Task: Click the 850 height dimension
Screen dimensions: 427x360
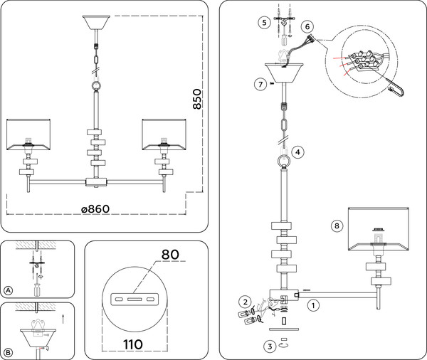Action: coord(197,99)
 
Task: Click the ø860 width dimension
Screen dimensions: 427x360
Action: coord(95,209)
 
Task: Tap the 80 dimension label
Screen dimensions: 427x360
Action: coord(170,254)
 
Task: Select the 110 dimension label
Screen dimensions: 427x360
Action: coord(133,344)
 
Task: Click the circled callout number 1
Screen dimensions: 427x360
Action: coord(313,305)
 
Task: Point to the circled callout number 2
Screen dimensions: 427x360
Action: coord(246,302)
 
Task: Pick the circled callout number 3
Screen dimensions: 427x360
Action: coord(270,346)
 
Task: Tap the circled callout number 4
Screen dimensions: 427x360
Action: coord(297,152)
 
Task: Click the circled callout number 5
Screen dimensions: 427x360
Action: coord(265,22)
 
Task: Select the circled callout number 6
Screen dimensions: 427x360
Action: coord(307,26)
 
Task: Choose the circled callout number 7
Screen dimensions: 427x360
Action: coord(260,84)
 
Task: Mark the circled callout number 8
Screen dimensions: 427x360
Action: coord(337,226)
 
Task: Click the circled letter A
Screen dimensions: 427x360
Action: coord(9,290)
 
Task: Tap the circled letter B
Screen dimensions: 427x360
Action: coord(9,353)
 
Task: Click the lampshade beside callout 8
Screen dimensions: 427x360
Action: coord(379,229)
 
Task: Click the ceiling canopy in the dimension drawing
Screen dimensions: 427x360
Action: coord(96,22)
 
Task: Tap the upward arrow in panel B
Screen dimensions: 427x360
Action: coord(63,319)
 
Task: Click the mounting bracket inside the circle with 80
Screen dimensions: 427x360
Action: coord(135,300)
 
